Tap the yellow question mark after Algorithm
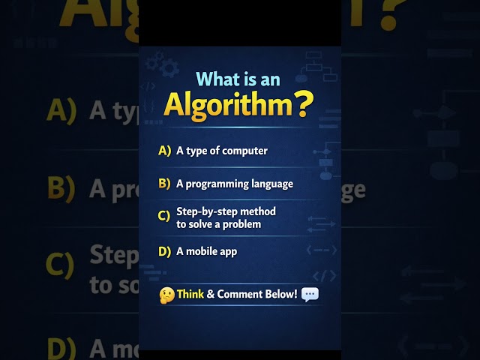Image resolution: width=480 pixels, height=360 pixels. (x=304, y=106)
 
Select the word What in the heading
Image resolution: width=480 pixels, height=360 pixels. (x=214, y=78)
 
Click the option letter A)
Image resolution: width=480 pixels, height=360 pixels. (x=165, y=151)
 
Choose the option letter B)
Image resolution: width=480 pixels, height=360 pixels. (x=165, y=183)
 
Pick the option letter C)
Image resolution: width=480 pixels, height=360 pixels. (x=165, y=217)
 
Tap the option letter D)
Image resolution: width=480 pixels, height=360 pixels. (x=165, y=251)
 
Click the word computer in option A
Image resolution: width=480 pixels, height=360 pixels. (x=244, y=151)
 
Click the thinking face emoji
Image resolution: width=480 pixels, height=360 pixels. (x=167, y=294)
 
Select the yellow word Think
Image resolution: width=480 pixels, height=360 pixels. (x=190, y=293)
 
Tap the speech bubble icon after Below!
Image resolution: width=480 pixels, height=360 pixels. (x=310, y=293)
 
